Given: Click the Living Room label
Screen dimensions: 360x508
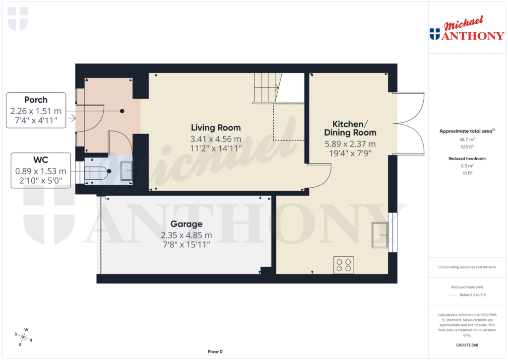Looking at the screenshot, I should (x=215, y=128).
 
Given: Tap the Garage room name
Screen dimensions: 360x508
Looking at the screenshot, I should (x=186, y=224).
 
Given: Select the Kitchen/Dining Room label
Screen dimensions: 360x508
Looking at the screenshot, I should (x=350, y=128).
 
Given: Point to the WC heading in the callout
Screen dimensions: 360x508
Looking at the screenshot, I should (x=41, y=160).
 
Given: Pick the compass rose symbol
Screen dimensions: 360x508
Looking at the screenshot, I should (x=23, y=337).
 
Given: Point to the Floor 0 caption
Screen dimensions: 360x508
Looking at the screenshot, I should (x=215, y=352).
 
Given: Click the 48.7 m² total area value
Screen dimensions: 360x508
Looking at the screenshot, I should (x=466, y=140).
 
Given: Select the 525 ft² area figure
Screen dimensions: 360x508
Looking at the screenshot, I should (x=466, y=147).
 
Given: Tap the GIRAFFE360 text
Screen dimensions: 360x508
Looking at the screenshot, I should (x=466, y=345).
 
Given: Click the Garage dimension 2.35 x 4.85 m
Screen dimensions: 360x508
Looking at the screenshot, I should (x=186, y=235).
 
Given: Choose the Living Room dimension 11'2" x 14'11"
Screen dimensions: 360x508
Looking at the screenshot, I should (x=215, y=147).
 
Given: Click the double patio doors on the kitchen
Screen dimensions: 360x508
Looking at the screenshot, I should (x=411, y=123).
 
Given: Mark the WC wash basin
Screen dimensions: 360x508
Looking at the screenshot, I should (x=125, y=171).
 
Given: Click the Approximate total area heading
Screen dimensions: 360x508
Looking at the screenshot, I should (x=466, y=131).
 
